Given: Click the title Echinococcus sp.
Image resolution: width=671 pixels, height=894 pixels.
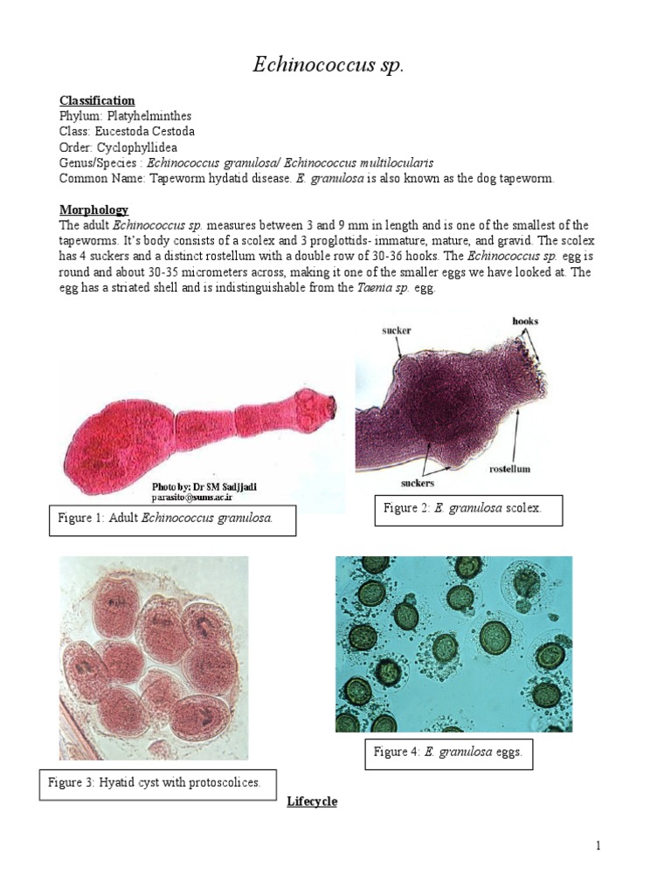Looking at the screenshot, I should coord(329,65).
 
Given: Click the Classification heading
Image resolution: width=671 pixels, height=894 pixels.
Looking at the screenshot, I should coord(97,100).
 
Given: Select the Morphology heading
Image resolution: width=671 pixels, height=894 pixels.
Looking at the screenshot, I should coord(93,210).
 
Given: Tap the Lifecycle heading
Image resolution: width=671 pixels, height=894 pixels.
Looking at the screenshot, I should coord(312,801).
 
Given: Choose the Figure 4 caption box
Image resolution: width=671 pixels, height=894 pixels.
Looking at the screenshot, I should coord(447,753).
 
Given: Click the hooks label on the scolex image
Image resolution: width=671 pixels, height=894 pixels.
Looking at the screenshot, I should coord(526,321).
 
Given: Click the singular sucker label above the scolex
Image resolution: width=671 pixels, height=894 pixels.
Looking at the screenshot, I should coord(396,331).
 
